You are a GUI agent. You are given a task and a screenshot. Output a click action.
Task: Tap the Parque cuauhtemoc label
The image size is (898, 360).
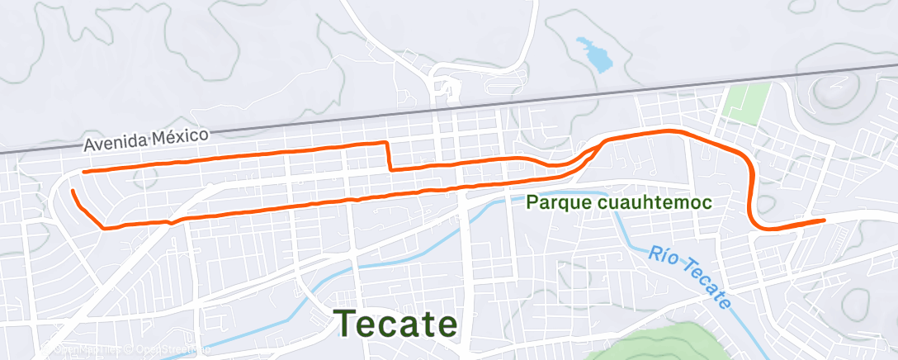point(618,201)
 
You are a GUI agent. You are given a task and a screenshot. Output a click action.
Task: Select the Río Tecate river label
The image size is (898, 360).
point(689,276)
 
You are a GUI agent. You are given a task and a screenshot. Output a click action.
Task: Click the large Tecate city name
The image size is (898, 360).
point(395,323)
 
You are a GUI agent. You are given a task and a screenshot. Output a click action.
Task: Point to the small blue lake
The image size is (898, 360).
point(595,54)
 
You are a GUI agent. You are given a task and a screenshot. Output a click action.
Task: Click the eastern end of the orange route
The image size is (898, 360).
point(824,220)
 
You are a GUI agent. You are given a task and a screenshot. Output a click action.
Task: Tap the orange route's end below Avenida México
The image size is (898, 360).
point(84,172)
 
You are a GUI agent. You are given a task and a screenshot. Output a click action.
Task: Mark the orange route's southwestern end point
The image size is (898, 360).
point(73,192)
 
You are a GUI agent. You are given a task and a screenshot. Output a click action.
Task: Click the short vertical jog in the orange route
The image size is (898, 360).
point(389,156)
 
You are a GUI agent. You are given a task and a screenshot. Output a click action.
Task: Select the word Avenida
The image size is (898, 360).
point(115,144)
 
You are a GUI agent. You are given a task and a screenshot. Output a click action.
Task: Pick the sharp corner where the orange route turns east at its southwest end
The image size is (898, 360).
point(103,228)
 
